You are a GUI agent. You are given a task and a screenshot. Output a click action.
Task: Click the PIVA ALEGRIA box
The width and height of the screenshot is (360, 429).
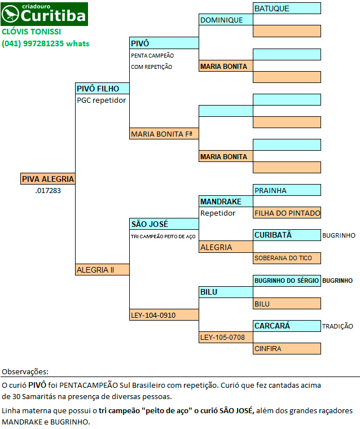(48, 179)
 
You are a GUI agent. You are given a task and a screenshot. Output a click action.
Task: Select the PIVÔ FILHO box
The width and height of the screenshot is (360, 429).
(102, 89)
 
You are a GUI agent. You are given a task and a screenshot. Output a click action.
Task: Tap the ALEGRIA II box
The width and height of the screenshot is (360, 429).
(102, 269)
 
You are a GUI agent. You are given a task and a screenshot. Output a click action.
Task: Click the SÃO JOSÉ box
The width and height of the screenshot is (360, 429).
(164, 224)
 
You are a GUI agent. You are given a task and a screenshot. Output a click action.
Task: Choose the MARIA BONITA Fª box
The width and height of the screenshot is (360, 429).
(164, 134)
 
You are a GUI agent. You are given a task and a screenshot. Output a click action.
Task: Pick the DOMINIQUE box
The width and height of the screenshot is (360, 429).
(226, 20)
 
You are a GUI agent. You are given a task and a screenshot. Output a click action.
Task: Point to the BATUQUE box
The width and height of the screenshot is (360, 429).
(287, 8)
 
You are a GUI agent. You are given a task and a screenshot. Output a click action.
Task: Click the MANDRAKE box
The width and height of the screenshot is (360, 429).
(226, 202)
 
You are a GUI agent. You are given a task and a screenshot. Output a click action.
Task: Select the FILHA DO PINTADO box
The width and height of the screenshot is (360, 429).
(287, 213)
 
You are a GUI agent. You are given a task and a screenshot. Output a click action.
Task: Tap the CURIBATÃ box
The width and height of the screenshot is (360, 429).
(287, 235)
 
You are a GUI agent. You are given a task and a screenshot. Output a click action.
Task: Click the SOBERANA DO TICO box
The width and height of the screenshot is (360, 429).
(287, 258)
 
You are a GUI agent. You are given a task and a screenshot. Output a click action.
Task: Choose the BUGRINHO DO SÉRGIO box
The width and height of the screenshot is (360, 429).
(287, 281)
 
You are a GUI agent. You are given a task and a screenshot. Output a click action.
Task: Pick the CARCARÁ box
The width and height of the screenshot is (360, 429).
(287, 326)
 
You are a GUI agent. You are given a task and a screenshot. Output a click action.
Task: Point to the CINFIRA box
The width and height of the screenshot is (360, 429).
(287, 349)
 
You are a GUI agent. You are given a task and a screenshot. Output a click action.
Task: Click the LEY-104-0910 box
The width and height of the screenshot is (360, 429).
(164, 314)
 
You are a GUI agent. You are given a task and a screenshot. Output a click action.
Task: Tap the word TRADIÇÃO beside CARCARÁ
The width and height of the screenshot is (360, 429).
(337, 326)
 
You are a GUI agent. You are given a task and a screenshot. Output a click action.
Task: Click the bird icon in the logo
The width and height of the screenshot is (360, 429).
(10, 14)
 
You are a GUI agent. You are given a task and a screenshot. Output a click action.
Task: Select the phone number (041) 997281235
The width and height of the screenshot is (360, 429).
(33, 43)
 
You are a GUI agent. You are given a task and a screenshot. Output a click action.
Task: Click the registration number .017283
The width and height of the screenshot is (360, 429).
(48, 190)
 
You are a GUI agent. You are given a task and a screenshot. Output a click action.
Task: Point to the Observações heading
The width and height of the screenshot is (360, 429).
(25, 371)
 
